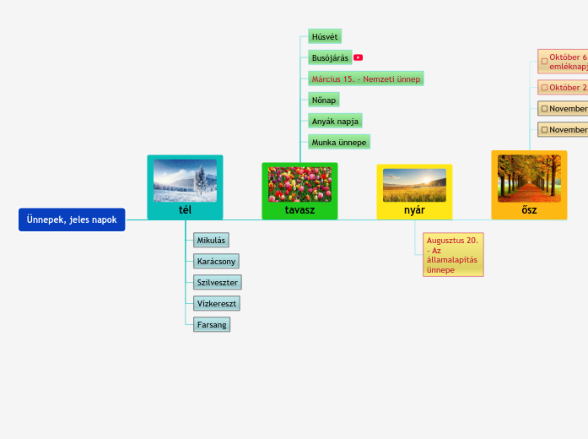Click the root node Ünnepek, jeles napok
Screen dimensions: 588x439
tap(72, 219)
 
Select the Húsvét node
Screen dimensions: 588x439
tap(325, 37)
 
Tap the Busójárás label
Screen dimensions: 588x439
tap(330, 57)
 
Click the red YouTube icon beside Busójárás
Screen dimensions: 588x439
tap(359, 57)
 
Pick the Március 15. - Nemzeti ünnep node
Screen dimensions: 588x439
tap(365, 79)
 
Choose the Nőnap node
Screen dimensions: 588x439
tap(324, 100)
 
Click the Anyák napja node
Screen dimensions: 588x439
tap(335, 121)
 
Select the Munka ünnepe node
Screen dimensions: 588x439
tap(339, 142)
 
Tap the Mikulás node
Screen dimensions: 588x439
tap(211, 241)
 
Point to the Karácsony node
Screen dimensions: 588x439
tap(217, 261)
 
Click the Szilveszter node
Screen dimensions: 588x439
tap(217, 282)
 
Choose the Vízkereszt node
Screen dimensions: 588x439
tap(216, 302)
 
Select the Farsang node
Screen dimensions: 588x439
tap(211, 324)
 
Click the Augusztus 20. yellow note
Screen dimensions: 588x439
tap(453, 255)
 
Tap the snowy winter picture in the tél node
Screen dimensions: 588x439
tap(185, 181)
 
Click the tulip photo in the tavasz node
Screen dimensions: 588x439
tap(299, 184)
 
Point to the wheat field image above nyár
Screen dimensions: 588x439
tap(414, 185)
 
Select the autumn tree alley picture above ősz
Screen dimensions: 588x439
tap(529, 178)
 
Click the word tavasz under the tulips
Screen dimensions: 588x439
tap(299, 209)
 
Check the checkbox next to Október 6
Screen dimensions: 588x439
tap(544, 61)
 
